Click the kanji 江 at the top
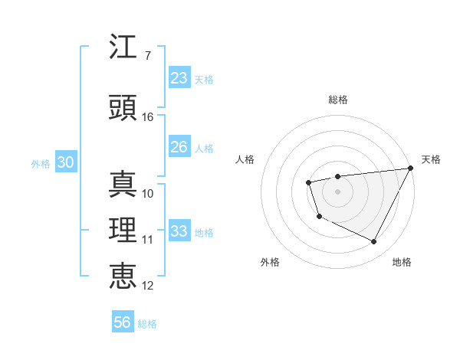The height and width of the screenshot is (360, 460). pyautogui.click(x=123, y=48)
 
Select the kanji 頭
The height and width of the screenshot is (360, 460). pyautogui.click(x=123, y=108)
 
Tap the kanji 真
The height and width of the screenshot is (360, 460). pyautogui.click(x=123, y=185)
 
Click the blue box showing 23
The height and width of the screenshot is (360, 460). pyautogui.click(x=179, y=78)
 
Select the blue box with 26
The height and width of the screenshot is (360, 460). pyautogui.click(x=179, y=148)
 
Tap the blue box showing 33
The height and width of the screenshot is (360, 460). pyautogui.click(x=179, y=232)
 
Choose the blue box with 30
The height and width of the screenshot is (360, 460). pyautogui.click(x=65, y=163)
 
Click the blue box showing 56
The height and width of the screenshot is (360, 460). pyautogui.click(x=123, y=323)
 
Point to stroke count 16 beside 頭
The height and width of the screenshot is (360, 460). pyautogui.click(x=148, y=117)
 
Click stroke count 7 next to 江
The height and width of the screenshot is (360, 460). pyautogui.click(x=147, y=55)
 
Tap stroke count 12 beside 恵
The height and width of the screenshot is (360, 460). pyautogui.click(x=148, y=286)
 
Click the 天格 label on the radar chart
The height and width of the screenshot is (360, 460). pyautogui.click(x=431, y=159)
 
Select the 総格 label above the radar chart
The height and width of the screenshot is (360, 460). pyautogui.click(x=338, y=100)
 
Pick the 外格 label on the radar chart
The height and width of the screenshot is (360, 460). pyautogui.click(x=270, y=263)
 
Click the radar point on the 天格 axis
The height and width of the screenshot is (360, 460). pyautogui.click(x=410, y=168)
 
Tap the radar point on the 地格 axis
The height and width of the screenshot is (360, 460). pyautogui.click(x=373, y=242)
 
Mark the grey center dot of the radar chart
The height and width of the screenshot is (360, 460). pyautogui.click(x=337, y=191)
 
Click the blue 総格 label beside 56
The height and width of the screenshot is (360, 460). pyautogui.click(x=147, y=324)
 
